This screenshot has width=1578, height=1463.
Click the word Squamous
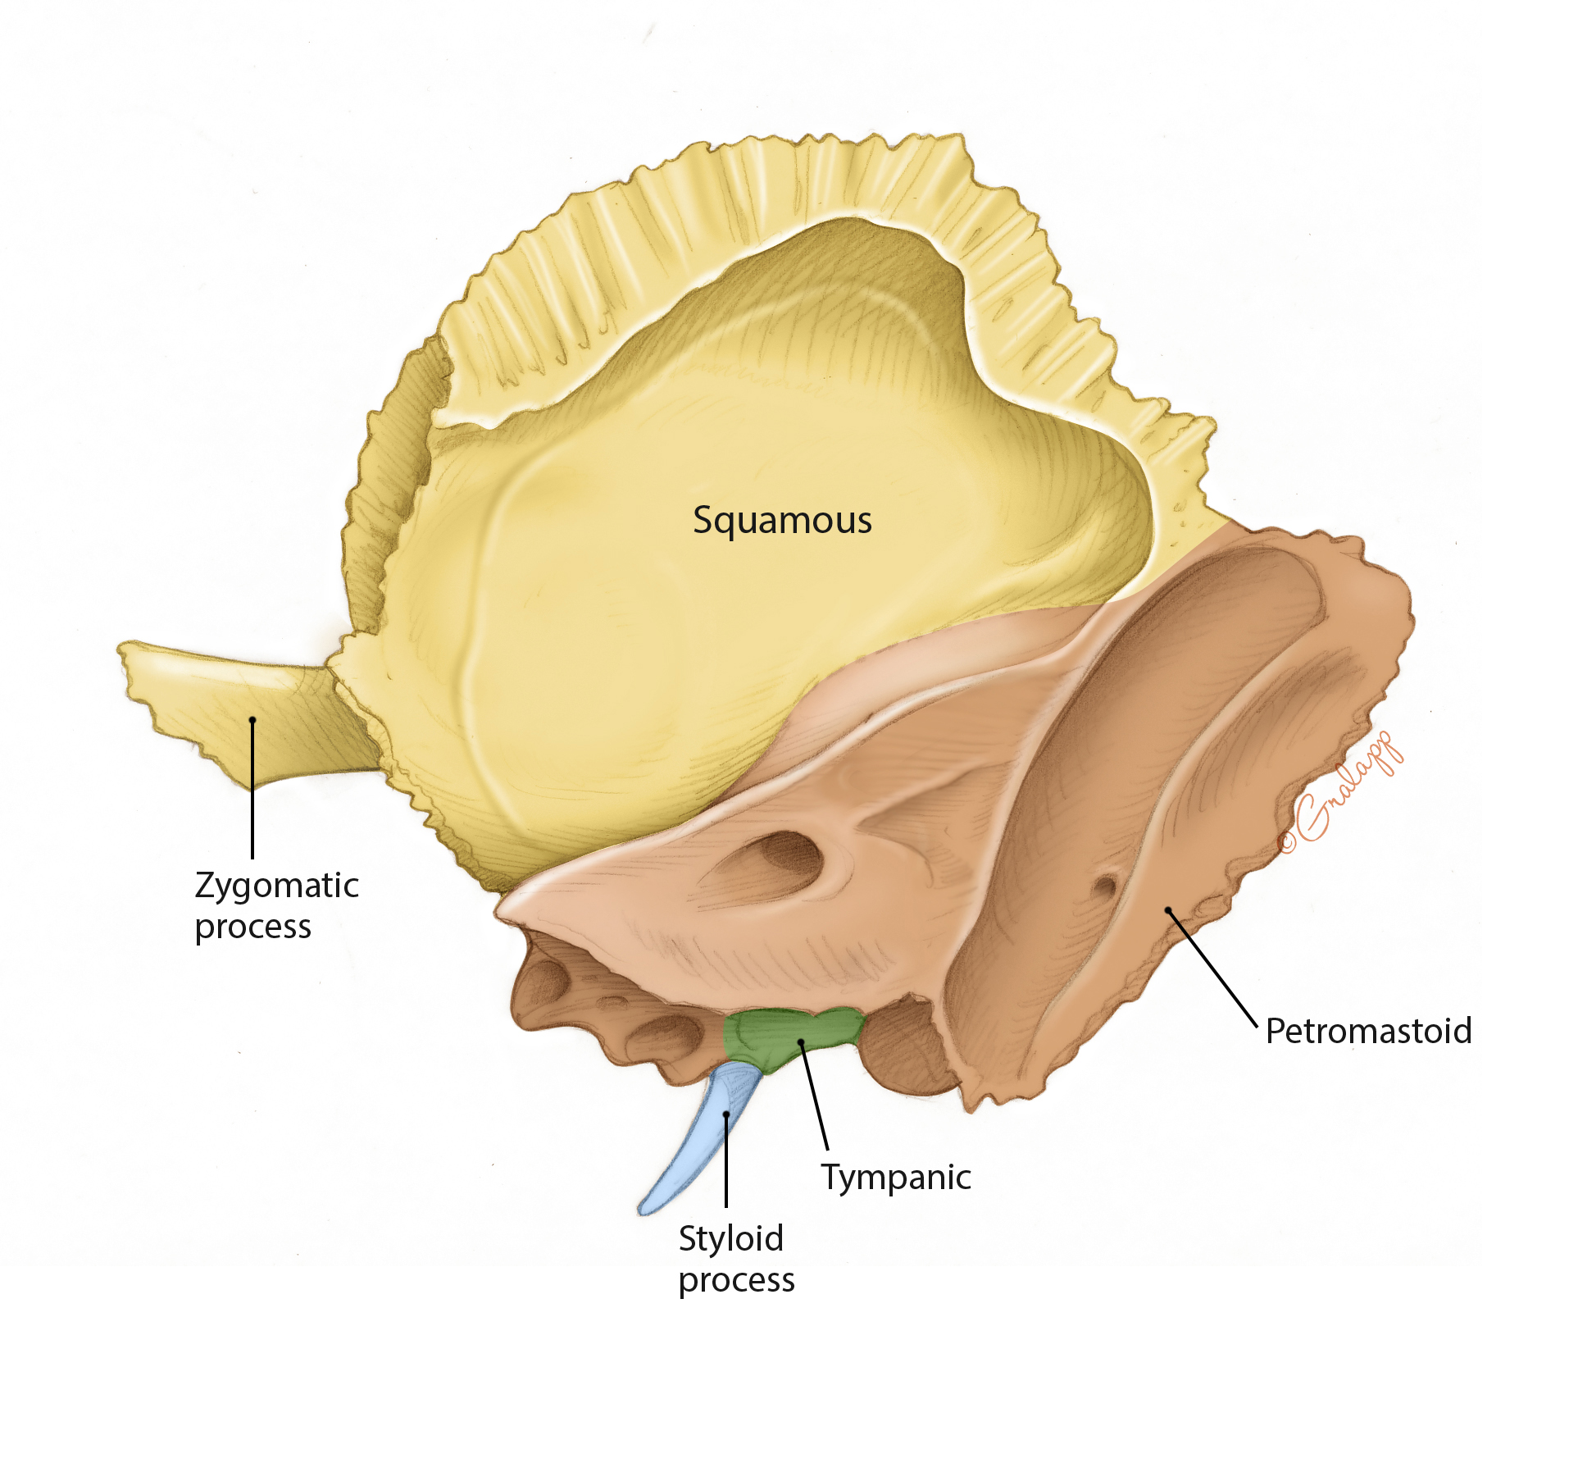click(x=782, y=521)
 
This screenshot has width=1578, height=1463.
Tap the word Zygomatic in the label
click(x=277, y=886)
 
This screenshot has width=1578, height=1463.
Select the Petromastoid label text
click(x=1368, y=1031)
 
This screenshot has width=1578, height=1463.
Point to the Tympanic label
click(x=896, y=1178)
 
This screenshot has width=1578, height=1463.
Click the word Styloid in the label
click(x=731, y=1238)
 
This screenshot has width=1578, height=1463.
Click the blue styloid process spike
click(x=697, y=1148)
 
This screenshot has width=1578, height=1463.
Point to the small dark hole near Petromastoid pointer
click(x=1106, y=886)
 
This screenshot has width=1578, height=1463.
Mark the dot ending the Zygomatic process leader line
click(x=252, y=720)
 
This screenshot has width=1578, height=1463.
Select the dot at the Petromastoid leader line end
click(x=1168, y=910)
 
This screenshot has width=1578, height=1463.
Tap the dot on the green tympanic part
click(x=801, y=1042)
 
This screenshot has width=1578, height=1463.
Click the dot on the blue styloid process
click(x=726, y=1114)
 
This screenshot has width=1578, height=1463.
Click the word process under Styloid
click(x=736, y=1280)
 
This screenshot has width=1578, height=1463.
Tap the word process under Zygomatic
click(x=253, y=927)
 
